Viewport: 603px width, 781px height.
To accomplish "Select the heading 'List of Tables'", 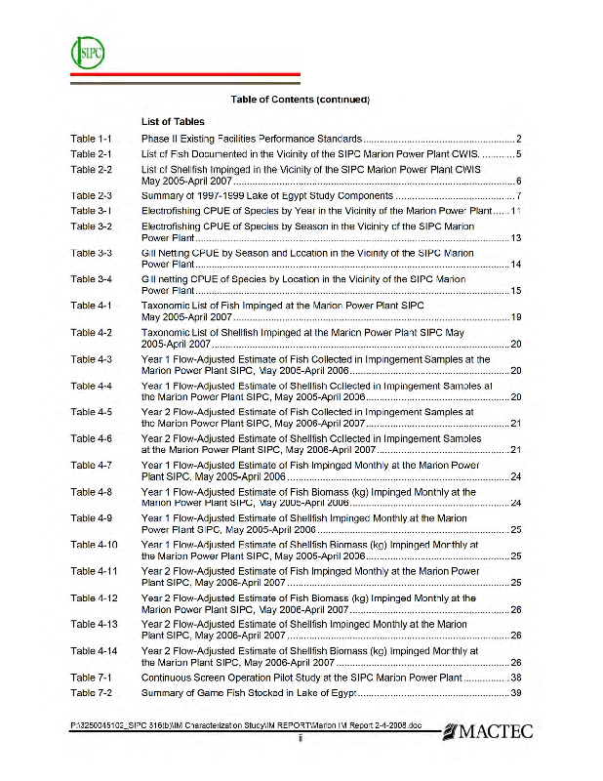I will [173, 122].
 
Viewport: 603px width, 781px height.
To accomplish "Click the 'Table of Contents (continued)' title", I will [300, 100].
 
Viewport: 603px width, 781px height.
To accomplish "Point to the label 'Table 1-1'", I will [92, 140].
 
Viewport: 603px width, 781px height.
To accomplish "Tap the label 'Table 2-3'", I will [92, 195].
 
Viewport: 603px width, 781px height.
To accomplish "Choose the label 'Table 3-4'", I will [92, 278].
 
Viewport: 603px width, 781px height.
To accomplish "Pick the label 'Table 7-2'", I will [92, 692].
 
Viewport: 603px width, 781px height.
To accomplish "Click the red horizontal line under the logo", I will [186, 75].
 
